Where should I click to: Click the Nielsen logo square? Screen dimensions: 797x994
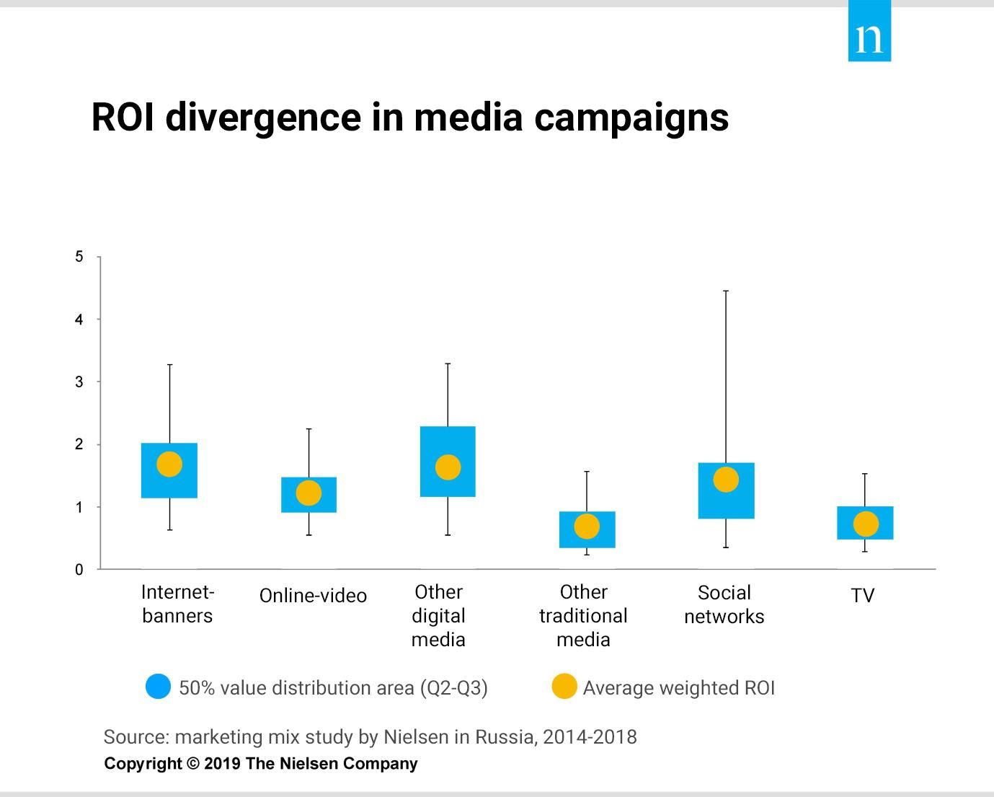pos(869,32)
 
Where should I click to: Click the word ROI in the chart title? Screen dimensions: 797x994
pos(123,117)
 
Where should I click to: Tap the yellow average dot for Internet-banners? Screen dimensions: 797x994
pos(169,464)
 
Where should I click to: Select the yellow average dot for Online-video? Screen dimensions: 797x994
pos(309,493)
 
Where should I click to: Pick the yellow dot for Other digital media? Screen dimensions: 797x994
pos(448,467)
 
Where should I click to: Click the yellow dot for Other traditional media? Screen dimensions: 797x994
pos(587,527)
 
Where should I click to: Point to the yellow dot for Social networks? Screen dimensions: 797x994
pos(726,480)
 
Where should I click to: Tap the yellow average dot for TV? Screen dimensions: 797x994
pos(866,524)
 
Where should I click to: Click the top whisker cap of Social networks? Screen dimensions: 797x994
pos(726,291)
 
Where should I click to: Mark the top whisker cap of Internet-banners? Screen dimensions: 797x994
pos(169,365)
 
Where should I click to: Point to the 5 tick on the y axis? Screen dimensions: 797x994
pos(79,257)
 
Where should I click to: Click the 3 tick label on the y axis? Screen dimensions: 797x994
pos(79,382)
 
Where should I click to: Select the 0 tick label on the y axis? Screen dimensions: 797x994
pos(79,570)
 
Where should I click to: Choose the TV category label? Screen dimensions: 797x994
pos(863,596)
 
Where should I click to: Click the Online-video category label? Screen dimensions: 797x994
pos(313,596)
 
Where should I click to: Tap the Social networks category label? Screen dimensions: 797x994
pos(724,604)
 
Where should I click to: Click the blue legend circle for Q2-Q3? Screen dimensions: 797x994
pos(158,687)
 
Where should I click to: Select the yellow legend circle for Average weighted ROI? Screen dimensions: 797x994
pos(564,687)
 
